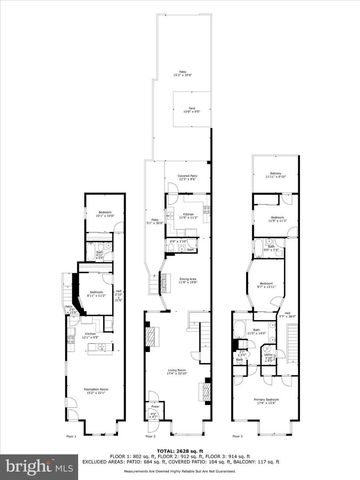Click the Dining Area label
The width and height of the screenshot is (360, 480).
point(188,281)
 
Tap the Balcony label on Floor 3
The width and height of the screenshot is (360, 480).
point(275,174)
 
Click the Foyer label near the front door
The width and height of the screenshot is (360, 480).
point(151,413)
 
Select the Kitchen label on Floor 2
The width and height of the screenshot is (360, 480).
point(186,215)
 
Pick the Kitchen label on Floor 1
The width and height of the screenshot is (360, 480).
point(91,336)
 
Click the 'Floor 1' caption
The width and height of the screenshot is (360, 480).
point(71,437)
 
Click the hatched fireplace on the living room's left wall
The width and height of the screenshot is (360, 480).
point(152,340)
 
